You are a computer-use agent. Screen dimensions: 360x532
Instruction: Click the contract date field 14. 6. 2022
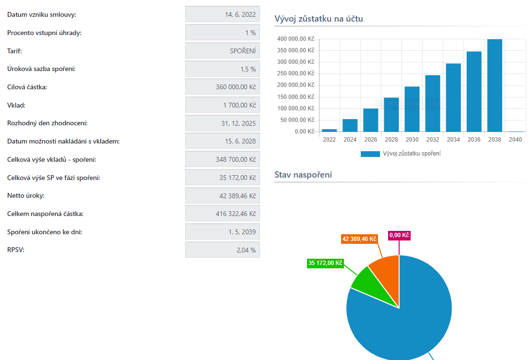[x=223, y=14]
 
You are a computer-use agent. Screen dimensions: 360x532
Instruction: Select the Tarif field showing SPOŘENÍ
[x=223, y=51]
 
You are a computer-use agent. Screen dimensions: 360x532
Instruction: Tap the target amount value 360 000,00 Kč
[x=223, y=87]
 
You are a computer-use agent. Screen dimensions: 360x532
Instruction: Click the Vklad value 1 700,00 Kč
[x=223, y=105]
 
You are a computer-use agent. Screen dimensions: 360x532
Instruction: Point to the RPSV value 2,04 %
[x=223, y=250]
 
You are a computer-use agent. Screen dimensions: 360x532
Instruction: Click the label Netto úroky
[x=26, y=196]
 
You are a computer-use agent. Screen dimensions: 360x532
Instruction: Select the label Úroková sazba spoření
[x=41, y=69]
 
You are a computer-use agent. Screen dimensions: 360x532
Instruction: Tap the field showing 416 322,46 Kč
[x=223, y=214]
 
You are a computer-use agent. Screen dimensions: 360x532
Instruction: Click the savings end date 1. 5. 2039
[x=223, y=232]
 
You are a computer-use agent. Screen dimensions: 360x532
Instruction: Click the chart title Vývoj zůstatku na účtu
[x=319, y=19]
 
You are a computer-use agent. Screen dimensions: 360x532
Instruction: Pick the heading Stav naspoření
[x=303, y=175]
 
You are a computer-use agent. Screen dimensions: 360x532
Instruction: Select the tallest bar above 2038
[x=495, y=85]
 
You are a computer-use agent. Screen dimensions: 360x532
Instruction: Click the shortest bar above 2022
[x=329, y=130]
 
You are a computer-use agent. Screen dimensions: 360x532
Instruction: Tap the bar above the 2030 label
[x=412, y=109]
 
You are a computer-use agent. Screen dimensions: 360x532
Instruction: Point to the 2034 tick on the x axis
[x=453, y=140]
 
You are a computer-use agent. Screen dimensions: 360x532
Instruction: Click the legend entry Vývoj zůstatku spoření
[x=401, y=154]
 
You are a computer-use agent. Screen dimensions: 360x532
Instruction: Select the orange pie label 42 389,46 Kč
[x=359, y=239]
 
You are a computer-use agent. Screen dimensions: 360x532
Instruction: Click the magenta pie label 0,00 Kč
[x=399, y=236]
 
